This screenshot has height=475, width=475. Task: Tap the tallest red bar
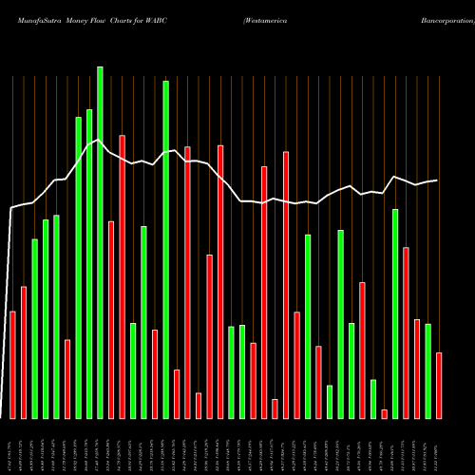(122, 276)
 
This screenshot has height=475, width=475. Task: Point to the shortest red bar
(384, 413)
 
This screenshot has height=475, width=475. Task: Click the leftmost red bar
(12, 365)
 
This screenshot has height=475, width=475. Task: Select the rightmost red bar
(439, 385)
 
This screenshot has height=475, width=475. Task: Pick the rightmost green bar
(427, 370)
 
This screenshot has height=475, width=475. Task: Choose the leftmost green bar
(34, 328)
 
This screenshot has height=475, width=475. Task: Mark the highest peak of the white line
(100, 140)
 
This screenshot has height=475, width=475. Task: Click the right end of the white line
(438, 180)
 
